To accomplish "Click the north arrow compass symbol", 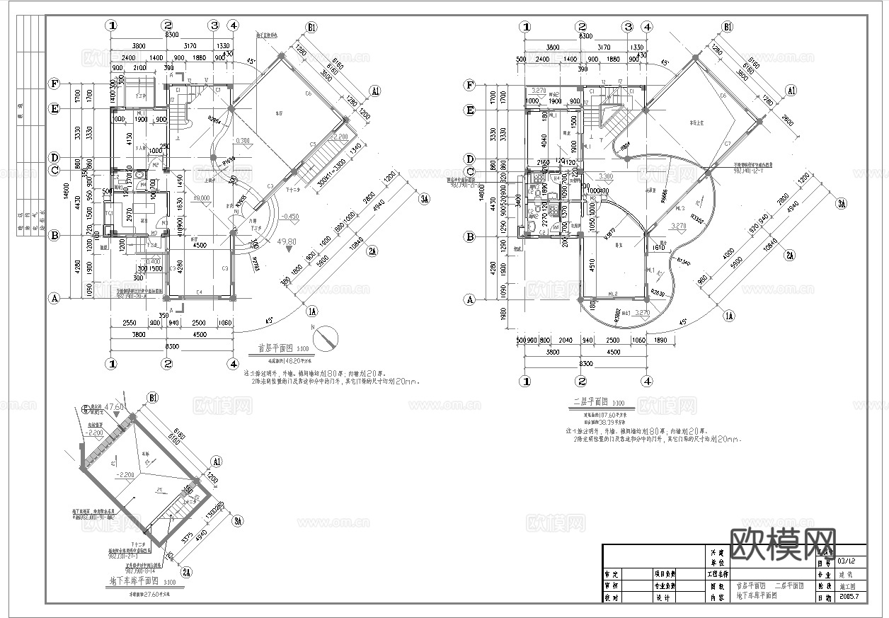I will tap(327, 337).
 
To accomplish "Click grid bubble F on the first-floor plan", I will tap(54, 84).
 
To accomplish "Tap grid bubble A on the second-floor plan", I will tap(469, 299).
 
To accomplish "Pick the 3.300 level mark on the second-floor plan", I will tap(606, 176).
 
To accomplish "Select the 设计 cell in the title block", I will tap(663, 597).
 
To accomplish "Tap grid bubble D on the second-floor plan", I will tap(469, 158).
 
